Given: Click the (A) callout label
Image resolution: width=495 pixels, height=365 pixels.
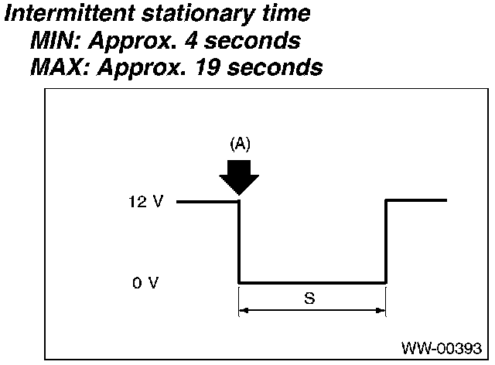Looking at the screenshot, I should pos(240,144).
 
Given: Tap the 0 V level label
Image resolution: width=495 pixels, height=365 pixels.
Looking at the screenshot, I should pos(145,283).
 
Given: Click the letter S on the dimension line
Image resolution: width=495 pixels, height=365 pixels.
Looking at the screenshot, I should pos(309,298).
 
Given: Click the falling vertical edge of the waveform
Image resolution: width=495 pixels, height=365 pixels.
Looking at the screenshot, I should pos(238,241).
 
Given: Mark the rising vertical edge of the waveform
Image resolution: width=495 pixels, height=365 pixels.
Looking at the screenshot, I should pos(386,241).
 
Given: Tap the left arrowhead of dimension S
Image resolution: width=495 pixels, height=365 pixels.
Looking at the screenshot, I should pos(243,312).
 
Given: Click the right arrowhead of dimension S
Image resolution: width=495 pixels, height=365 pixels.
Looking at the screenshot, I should pos(381,312).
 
